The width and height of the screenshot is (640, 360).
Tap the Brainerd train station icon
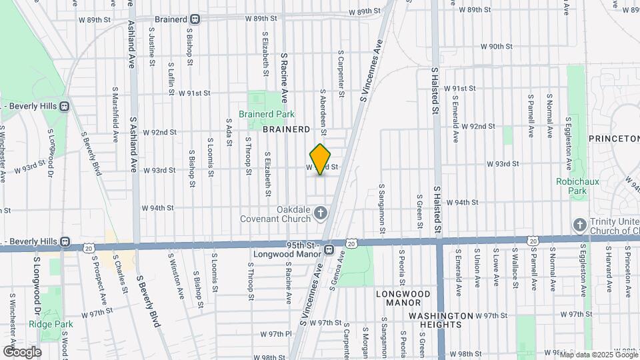pos(195,19)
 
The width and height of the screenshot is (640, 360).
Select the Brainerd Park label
pos(266,113)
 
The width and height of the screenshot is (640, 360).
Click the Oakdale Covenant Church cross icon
pos(321,214)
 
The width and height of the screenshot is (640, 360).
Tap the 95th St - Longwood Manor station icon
pos(329,249)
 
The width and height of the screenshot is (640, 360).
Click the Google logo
pos(22,352)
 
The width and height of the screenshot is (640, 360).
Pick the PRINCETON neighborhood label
pos(614,138)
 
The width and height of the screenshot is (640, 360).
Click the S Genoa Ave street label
pos(337,272)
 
